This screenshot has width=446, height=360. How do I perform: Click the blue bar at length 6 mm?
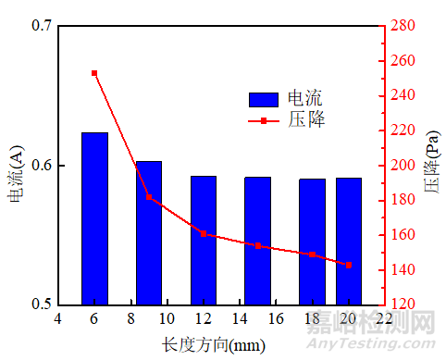coord(94,218)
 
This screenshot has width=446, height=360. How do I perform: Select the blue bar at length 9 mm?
coord(149,232)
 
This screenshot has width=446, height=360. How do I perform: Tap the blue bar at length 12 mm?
coord(204,240)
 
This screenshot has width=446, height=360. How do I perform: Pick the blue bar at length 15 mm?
coord(257,241)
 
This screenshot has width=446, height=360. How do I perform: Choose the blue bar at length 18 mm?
coord(312,242)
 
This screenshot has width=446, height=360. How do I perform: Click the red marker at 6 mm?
coord(94,73)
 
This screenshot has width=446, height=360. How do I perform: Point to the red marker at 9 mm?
coord(149,197)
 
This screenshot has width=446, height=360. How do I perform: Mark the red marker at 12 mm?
coord(204,234)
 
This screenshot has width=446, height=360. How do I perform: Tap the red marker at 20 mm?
coord(349,266)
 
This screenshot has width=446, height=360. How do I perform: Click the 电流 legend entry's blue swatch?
coord(264,99)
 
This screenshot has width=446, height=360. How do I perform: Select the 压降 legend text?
coord(306,120)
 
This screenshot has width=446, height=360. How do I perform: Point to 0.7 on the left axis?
coord(41,27)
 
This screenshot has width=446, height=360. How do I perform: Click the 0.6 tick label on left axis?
coord(41,166)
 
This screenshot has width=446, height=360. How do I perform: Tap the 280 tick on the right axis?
coord(403,27)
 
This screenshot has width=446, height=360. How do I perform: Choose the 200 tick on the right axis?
coord(403,166)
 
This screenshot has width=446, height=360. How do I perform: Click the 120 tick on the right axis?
coord(403,304)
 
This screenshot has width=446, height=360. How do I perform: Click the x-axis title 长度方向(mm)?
coord(219,345)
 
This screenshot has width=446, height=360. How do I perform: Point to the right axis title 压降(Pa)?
coord(432,167)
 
